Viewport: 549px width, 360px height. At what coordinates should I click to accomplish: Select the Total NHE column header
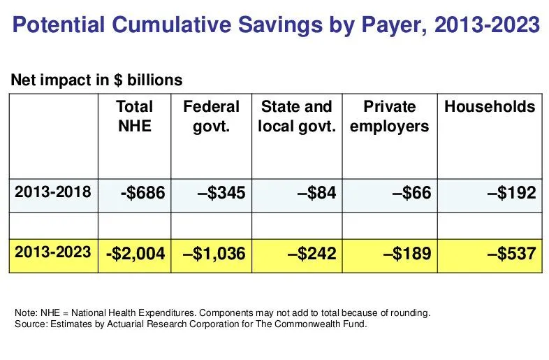click(134, 117)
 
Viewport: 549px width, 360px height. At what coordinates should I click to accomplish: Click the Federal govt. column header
click(211, 117)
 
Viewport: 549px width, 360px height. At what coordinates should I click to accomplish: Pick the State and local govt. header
click(296, 117)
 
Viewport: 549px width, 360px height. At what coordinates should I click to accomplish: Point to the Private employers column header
click(389, 117)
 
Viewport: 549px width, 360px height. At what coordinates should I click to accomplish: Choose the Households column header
click(490, 107)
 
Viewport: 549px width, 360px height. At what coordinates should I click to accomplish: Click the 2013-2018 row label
click(53, 192)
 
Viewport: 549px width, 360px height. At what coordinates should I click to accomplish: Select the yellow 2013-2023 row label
click(53, 252)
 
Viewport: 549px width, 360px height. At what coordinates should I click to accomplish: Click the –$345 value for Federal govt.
click(217, 192)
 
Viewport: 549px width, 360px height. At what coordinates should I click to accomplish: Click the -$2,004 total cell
click(135, 253)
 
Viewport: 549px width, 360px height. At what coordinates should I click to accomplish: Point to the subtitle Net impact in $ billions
click(96, 80)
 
